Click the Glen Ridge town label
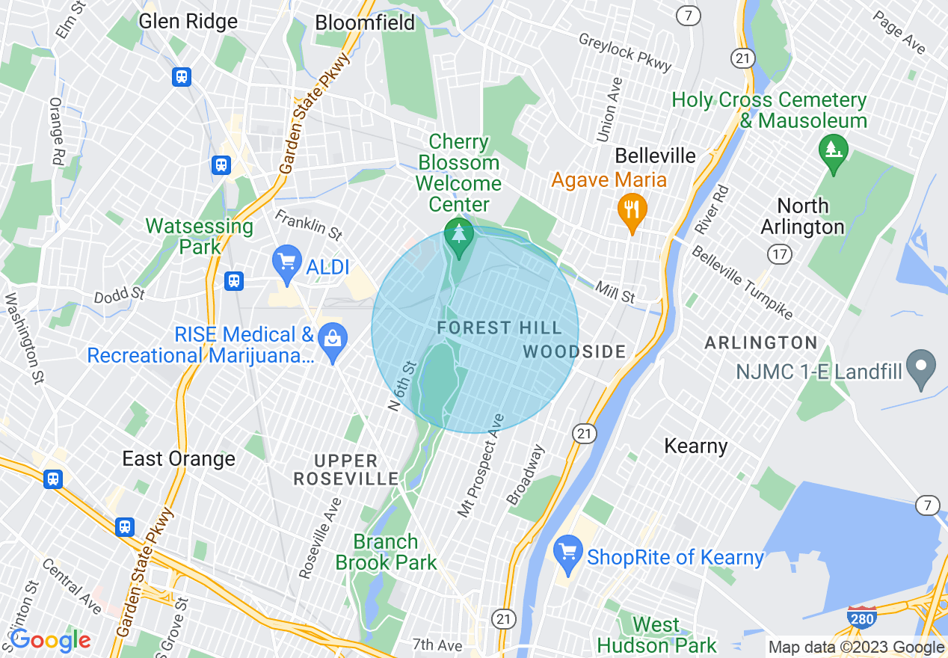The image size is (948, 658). click(x=188, y=22)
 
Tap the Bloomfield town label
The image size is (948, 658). click(x=365, y=23)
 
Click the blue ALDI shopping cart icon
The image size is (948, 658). click(x=287, y=261)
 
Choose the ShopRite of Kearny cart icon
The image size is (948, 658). click(x=568, y=553)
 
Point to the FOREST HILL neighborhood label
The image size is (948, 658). click(x=499, y=328)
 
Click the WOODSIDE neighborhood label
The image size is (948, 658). click(x=574, y=351)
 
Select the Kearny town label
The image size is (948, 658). click(x=696, y=446)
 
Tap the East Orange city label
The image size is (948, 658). click(x=179, y=458)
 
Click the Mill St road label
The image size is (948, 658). click(x=615, y=292)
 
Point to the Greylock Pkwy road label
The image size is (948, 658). click(x=626, y=52)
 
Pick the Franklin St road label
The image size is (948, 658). click(x=308, y=224)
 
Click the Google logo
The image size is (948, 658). click(x=50, y=640)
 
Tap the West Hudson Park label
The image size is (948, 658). click(x=656, y=635)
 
